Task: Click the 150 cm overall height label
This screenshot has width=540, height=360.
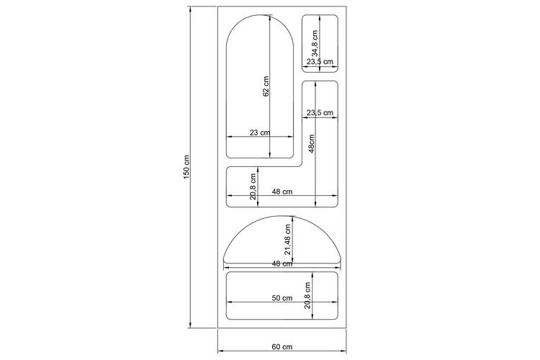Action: tap(186, 167)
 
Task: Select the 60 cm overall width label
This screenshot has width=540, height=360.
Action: tap(282, 346)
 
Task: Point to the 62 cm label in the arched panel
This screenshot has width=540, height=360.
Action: tap(266, 86)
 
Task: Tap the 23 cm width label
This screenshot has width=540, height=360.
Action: tap(260, 132)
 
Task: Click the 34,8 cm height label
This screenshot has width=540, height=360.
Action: tap(315, 44)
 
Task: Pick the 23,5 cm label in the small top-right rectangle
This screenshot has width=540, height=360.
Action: tap(320, 62)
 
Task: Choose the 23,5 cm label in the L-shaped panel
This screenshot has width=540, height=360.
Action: tap(320, 112)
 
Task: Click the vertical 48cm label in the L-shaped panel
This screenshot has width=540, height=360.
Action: tap(311, 144)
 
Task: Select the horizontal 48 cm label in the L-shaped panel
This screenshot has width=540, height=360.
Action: tap(282, 192)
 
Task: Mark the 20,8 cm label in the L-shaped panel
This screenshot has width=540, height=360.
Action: tap(253, 186)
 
